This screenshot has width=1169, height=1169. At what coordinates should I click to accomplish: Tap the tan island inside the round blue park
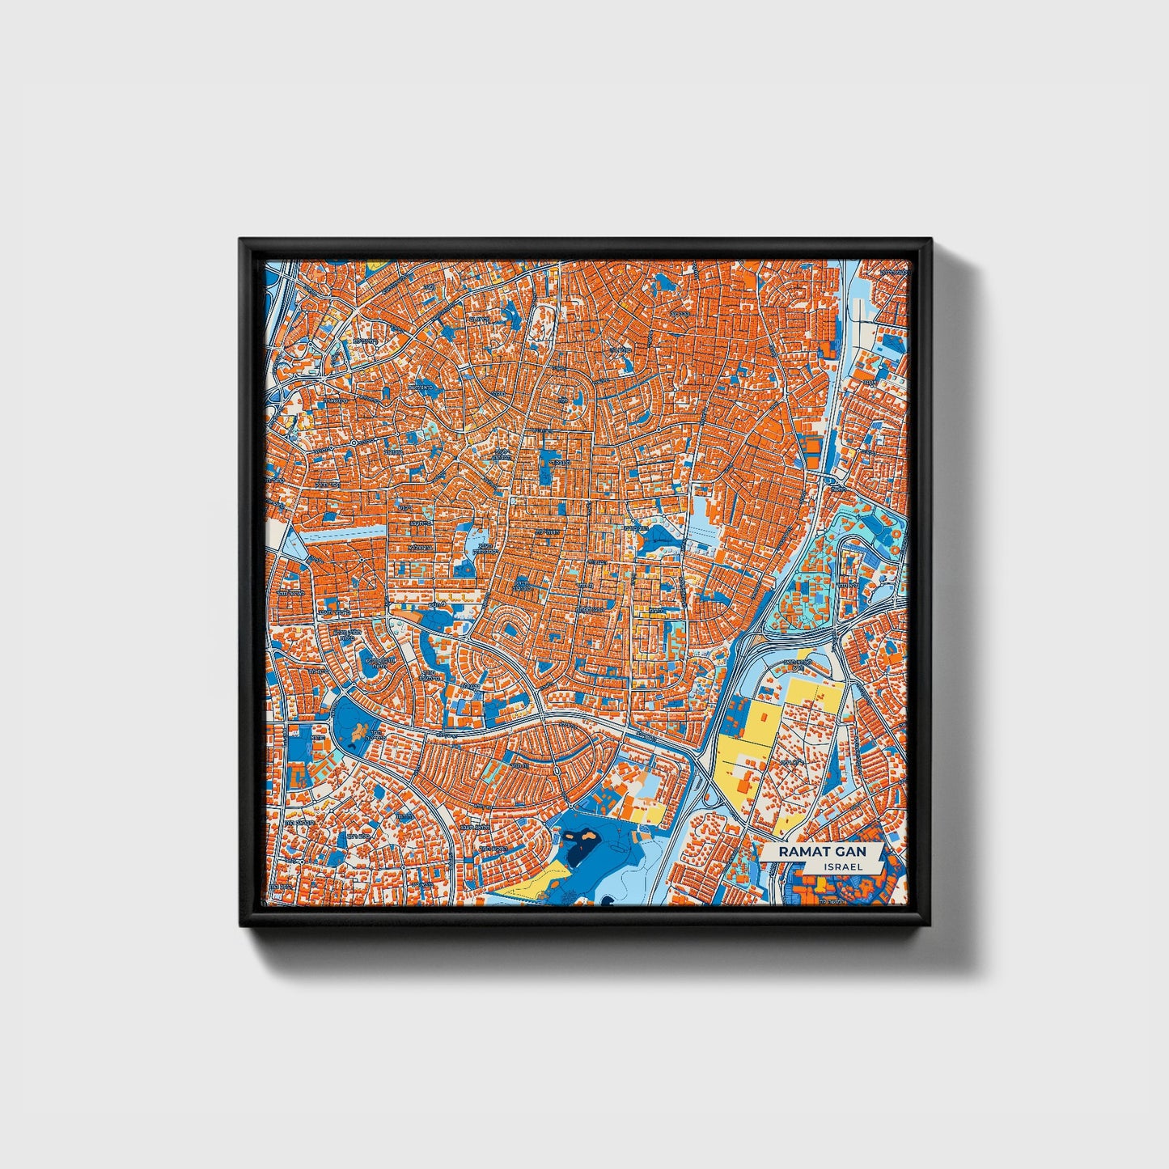click(357, 732)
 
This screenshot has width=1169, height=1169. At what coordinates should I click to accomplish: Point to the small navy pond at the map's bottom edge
click(608, 899)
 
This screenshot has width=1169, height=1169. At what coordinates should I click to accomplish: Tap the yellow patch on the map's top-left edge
click(375, 265)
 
